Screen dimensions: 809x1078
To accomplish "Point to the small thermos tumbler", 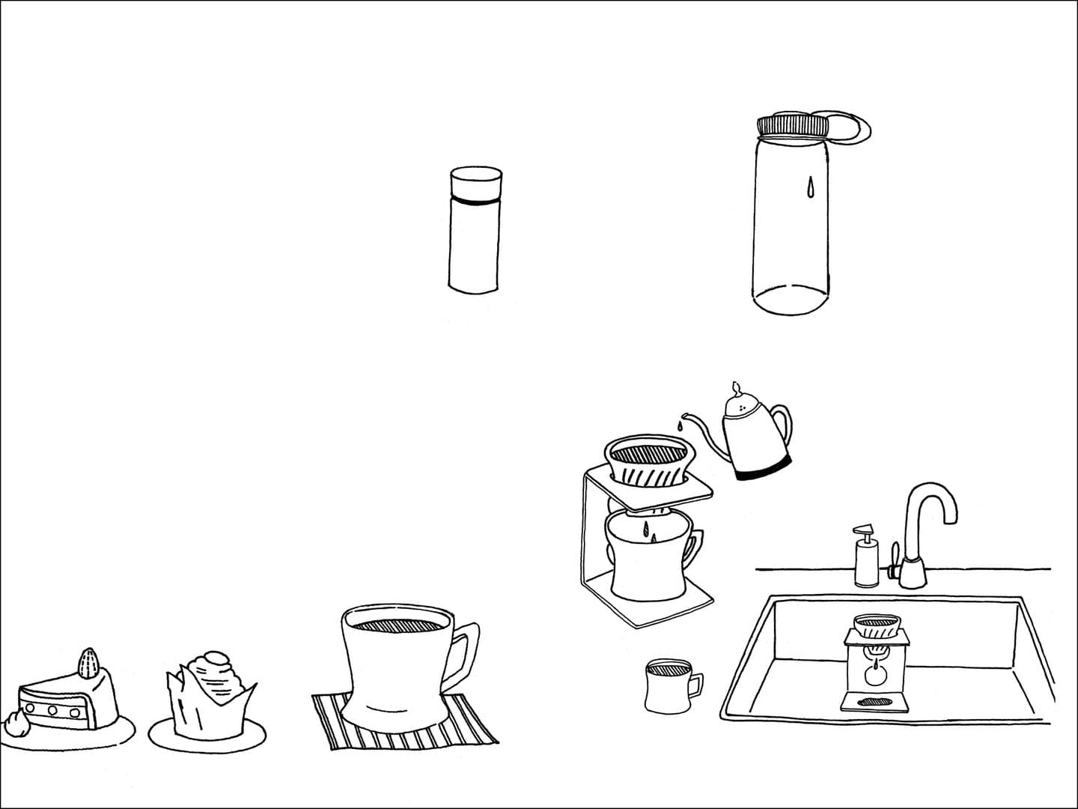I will [475, 232].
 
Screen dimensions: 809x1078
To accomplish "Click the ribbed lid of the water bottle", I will [793, 126].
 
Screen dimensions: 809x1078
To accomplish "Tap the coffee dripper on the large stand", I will [648, 461].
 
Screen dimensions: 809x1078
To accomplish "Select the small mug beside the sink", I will [666, 685].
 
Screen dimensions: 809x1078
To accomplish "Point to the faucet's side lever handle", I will [892, 558].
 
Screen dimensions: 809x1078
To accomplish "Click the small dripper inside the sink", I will [877, 628].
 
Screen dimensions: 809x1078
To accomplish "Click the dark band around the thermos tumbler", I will [475, 202].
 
